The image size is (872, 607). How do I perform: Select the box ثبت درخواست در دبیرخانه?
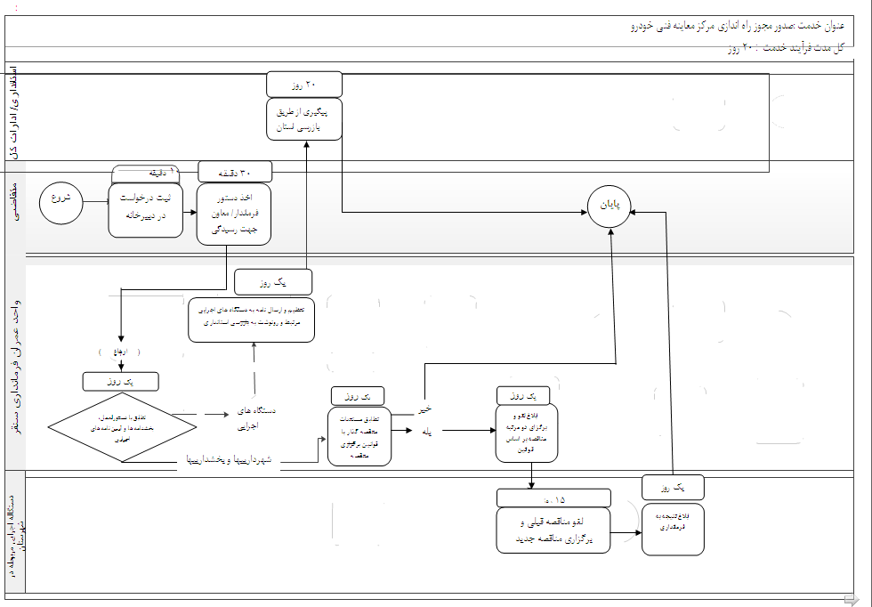tap(145, 210)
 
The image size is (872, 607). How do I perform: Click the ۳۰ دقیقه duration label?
tap(235, 173)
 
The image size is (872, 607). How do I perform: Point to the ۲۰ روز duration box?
tap(304, 85)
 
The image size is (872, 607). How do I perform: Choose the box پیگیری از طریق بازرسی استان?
tap(304, 119)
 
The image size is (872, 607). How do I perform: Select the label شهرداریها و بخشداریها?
tap(232, 461)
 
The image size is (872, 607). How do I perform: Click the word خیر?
tap(427, 409)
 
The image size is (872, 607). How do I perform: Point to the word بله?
tap(426, 431)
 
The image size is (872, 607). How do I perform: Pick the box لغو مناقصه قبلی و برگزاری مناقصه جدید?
tap(553, 530)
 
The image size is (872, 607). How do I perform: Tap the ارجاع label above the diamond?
tap(119, 352)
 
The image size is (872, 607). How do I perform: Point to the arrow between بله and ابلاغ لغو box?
tap(469, 431)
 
